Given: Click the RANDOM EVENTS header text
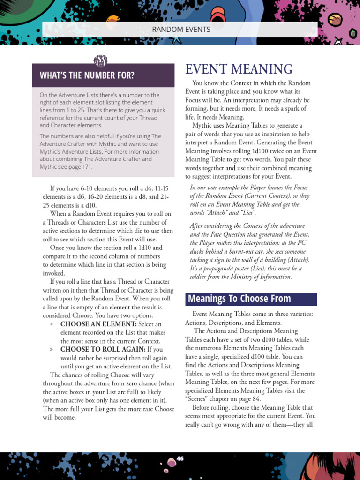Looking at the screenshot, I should click(181, 30).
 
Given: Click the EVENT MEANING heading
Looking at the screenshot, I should click(239, 69).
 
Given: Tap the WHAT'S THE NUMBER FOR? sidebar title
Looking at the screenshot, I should click(87, 75).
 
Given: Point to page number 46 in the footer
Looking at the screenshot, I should click(180, 458).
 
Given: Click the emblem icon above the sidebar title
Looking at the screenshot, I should click(101, 61).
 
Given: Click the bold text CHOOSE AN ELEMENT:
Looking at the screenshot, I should click(98, 324).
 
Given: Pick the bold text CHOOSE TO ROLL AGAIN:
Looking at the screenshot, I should click(103, 350).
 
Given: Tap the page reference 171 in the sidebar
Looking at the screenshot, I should click(87, 167).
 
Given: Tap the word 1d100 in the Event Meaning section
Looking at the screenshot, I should click(267, 151).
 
